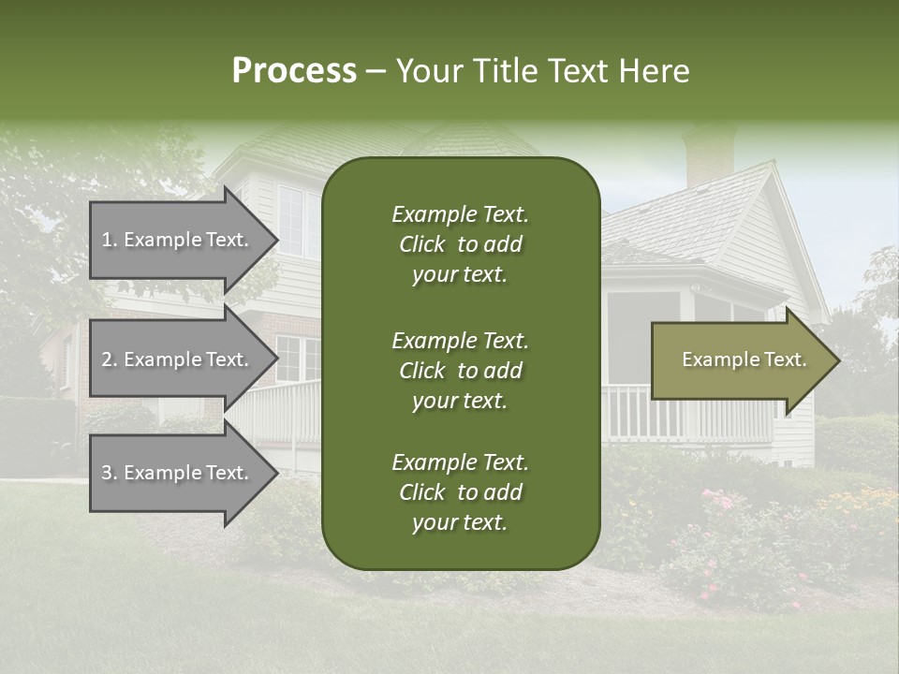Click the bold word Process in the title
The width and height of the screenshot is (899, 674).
294,71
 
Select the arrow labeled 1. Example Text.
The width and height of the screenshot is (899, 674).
178,240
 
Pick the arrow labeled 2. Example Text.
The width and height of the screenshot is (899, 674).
178,359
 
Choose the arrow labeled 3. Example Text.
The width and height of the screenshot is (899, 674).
178,473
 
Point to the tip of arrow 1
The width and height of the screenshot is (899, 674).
276,240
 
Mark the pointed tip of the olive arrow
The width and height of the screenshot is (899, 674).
838,360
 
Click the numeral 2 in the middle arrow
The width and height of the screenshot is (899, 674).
107,359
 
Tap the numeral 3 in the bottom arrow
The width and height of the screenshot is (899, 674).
107,473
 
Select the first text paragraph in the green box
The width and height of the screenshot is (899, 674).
460,244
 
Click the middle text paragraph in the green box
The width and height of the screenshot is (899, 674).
460,371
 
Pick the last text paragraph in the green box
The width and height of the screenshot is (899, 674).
460,492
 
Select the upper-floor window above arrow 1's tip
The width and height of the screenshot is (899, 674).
290,219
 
